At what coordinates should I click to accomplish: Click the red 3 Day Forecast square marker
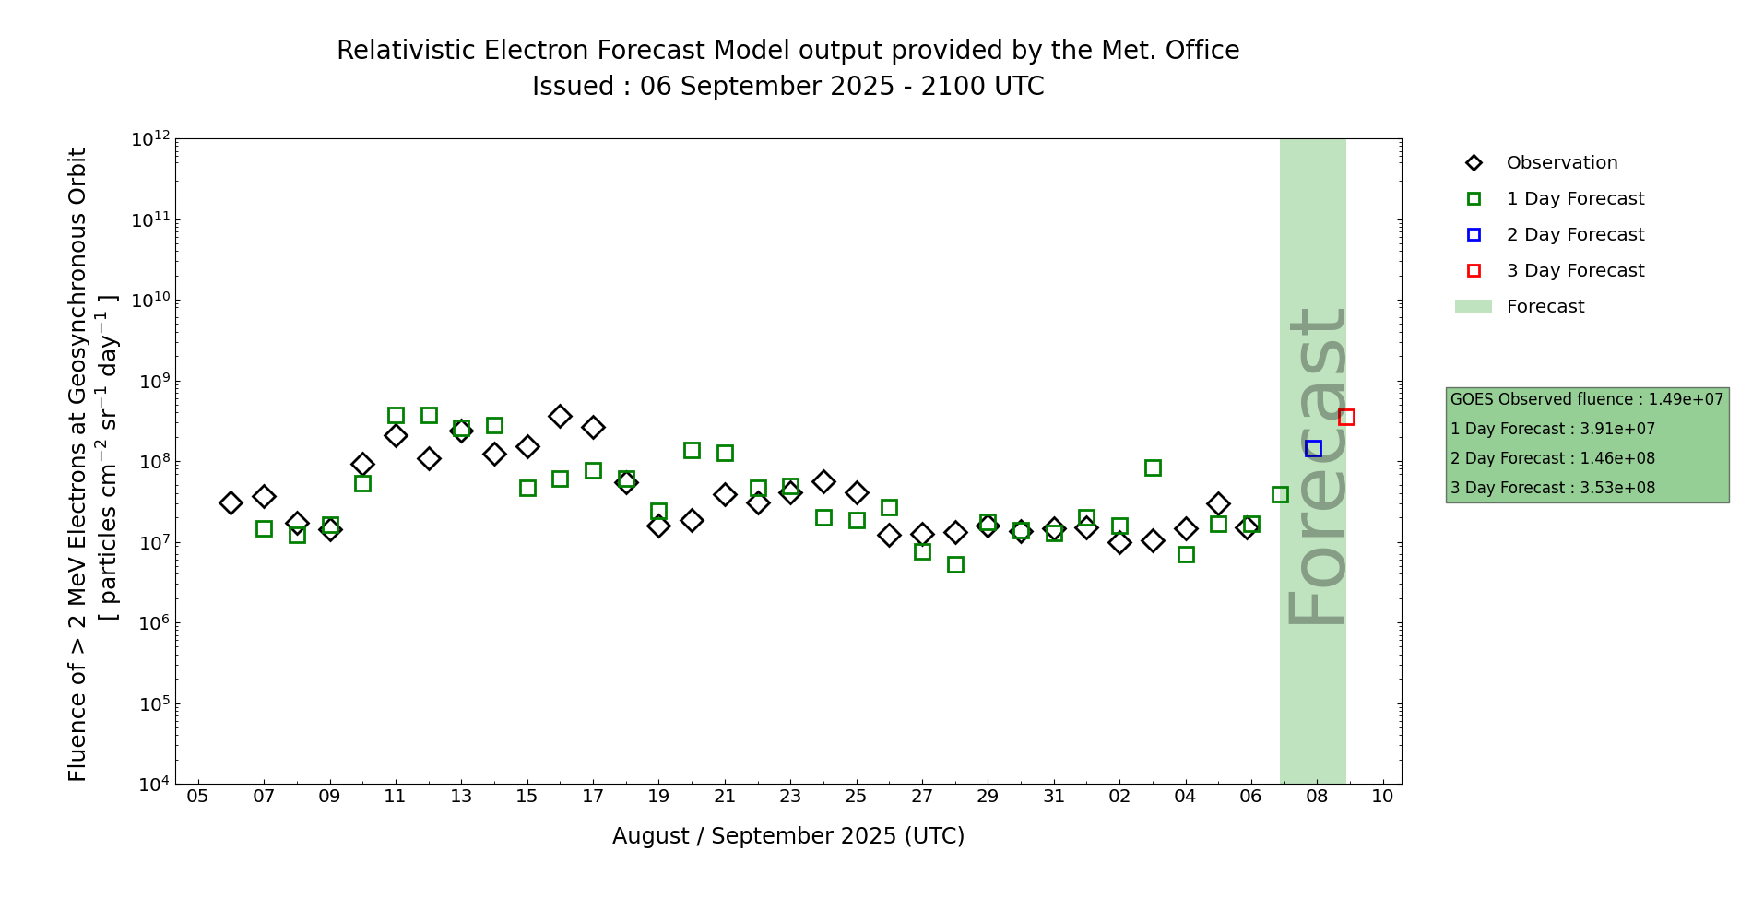[x=1346, y=418]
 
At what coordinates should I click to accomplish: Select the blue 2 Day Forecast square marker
[x=1313, y=449]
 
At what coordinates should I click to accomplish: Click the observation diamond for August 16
[x=560, y=416]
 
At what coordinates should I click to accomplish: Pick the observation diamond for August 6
[x=231, y=502]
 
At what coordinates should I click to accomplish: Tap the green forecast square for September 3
[x=1153, y=468]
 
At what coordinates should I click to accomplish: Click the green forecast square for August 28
[x=955, y=564]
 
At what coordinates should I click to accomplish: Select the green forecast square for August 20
[x=692, y=451]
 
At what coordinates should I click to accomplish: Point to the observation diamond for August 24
[x=823, y=481]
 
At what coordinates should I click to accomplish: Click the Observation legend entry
[x=1561, y=163]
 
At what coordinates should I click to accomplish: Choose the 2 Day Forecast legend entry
[x=1574, y=235]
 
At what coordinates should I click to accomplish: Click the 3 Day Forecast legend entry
[x=1574, y=271]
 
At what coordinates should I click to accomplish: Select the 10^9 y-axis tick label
[x=151, y=381]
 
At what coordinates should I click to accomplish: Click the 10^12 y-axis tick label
[x=150, y=139]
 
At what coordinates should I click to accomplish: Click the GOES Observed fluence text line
[x=1586, y=400]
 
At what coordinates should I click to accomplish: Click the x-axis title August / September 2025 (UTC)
[x=788, y=836]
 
